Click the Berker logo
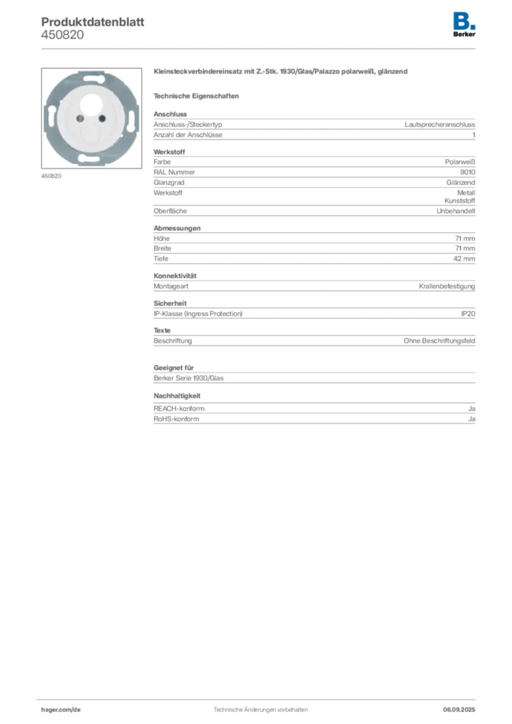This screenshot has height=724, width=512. coord(464,25)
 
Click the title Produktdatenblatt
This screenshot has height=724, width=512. coord(93,22)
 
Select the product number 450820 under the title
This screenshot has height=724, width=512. coord(62,35)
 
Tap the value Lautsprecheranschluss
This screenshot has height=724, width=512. coord(440,124)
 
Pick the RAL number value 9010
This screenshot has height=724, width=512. coord(467,173)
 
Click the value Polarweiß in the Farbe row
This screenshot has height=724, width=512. coord(460,162)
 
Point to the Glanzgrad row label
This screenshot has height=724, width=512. coord(169,183)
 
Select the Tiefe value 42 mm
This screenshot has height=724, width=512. coord(464,259)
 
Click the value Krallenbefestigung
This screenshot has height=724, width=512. coord(447,286)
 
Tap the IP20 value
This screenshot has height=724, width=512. coord(468,314)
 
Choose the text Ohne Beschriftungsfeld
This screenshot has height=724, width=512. coord(439,341)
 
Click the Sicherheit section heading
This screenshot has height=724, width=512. coord(170,303)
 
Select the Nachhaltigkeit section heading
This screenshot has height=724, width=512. coord(178,396)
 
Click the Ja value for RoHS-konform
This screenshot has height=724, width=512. coord(472,419)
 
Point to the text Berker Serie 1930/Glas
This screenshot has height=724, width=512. coord(188,378)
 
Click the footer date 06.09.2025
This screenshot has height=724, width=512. coord(459,710)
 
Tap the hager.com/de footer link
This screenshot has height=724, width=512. coord(61,710)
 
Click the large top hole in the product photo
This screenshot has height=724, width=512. coord(91,103)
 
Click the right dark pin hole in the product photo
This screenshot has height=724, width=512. coord(102,119)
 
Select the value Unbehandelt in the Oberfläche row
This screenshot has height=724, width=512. coord(455,211)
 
